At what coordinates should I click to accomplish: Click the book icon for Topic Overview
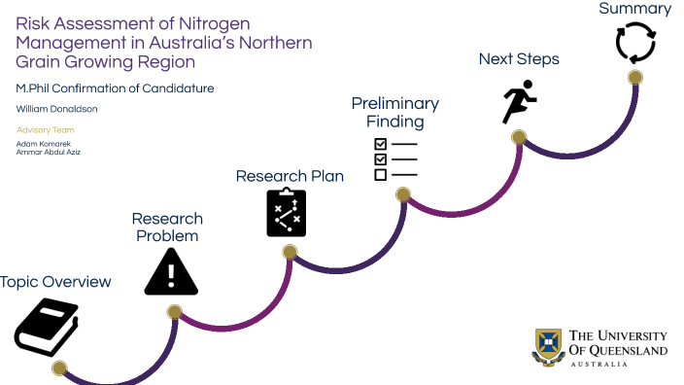pyautogui.click(x=47, y=327)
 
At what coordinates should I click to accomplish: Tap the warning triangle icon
pyautogui.click(x=171, y=272)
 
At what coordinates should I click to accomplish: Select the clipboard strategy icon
pyautogui.click(x=287, y=212)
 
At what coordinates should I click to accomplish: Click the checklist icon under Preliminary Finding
pyautogui.click(x=395, y=158)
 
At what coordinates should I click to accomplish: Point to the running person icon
pyautogui.click(x=519, y=101)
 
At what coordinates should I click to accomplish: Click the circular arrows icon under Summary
pyautogui.click(x=635, y=43)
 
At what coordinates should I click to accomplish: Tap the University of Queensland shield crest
pyautogui.click(x=548, y=347)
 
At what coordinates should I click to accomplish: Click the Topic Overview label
pyautogui.click(x=55, y=282)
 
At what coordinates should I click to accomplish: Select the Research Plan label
pyautogui.click(x=290, y=176)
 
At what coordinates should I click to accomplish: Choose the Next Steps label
pyautogui.click(x=519, y=59)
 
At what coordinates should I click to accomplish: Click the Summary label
pyautogui.click(x=634, y=9)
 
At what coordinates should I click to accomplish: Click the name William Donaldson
pyautogui.click(x=56, y=109)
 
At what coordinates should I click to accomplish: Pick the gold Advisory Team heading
pyautogui.click(x=45, y=130)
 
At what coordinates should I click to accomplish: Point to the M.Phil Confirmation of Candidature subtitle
pyautogui.click(x=115, y=88)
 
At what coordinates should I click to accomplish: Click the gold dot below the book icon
pyautogui.click(x=59, y=368)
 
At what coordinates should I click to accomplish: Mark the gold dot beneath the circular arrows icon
pyautogui.click(x=635, y=78)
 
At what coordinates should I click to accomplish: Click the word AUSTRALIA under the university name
pyautogui.click(x=598, y=364)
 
